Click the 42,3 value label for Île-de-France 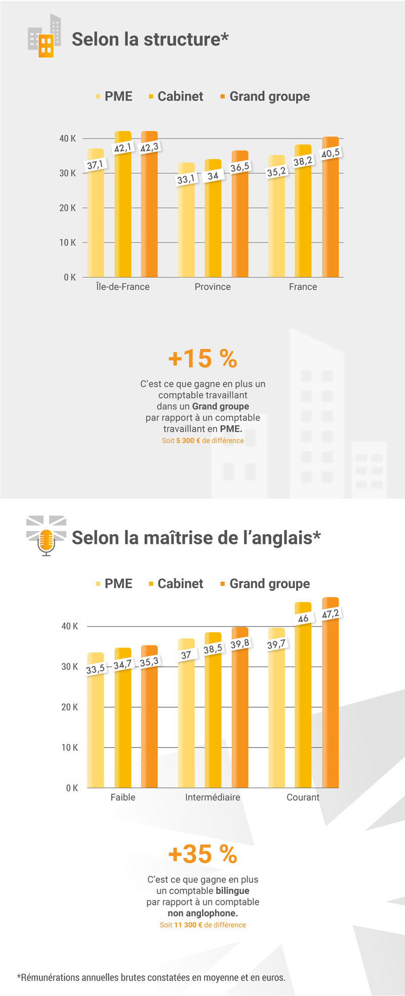[149, 147]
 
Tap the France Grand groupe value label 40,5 [331, 153]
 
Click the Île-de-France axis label [123, 287]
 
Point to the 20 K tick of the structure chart [67, 208]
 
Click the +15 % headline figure [202, 359]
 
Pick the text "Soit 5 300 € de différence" [202, 441]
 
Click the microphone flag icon [46, 536]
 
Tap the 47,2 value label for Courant [331, 614]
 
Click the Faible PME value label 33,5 [95, 669]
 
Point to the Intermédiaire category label [213, 797]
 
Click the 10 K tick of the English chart [69, 748]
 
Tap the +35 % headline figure [202, 854]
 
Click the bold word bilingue [232, 891]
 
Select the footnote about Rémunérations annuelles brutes [151, 977]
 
